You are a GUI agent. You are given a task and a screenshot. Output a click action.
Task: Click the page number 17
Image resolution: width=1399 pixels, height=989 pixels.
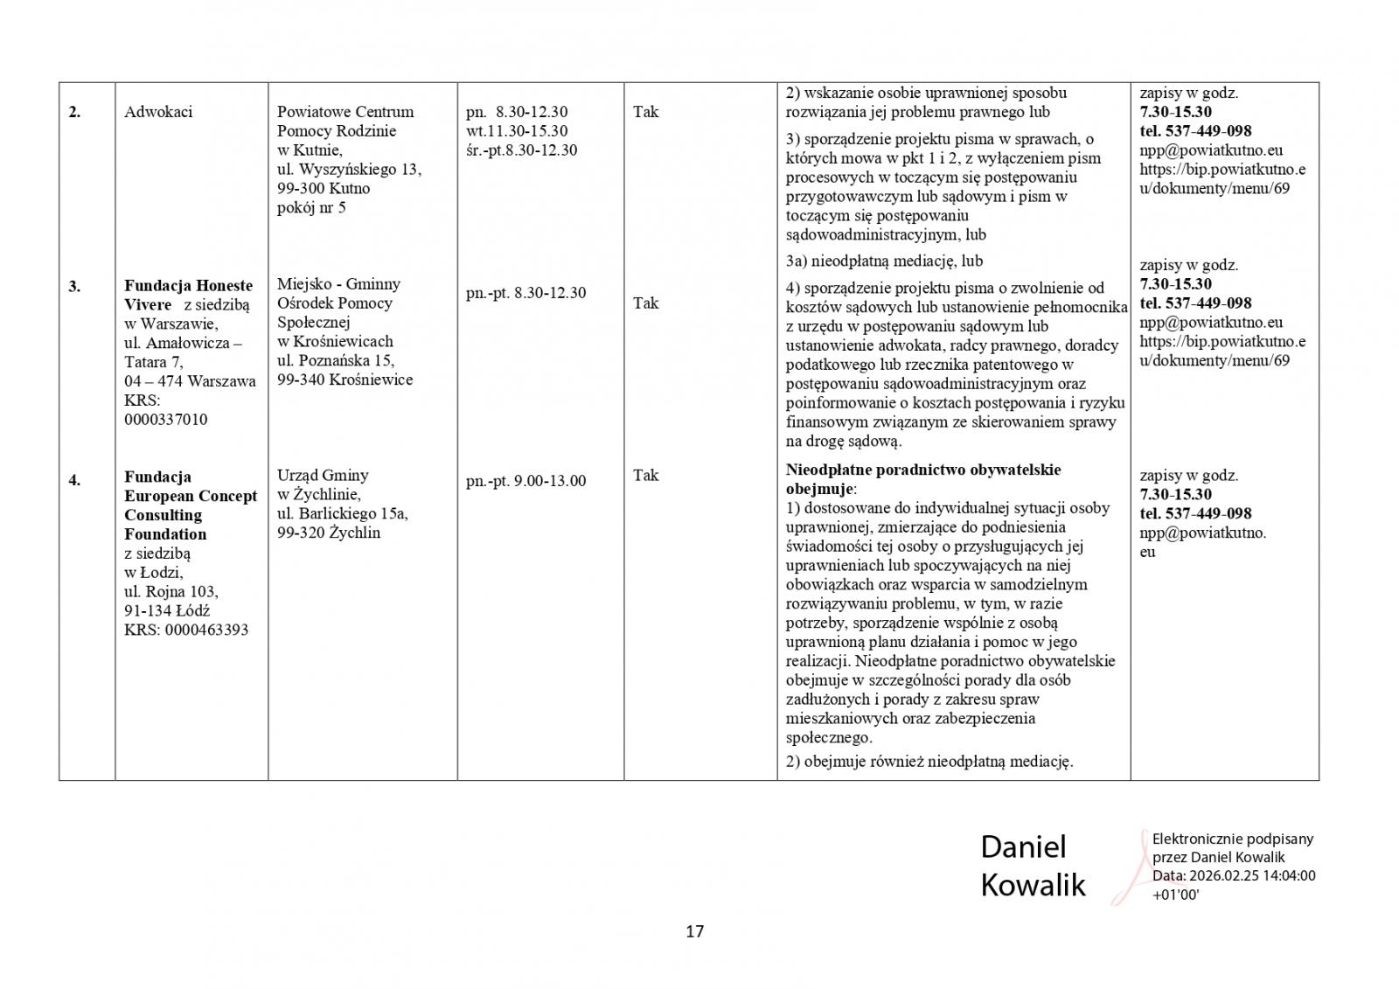694,931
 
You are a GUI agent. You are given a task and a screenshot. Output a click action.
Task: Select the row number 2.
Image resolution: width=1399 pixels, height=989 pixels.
74,112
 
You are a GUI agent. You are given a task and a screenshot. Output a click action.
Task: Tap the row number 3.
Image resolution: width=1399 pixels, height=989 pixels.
74,286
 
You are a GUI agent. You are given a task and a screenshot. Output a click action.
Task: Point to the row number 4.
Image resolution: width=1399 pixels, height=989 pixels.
74,479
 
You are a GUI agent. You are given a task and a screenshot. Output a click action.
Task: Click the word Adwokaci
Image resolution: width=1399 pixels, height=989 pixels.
158,112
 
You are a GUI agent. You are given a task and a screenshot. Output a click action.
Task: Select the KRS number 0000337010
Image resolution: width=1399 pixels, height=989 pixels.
166,420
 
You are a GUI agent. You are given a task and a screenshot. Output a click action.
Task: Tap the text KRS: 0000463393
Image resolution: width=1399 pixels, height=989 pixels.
186,630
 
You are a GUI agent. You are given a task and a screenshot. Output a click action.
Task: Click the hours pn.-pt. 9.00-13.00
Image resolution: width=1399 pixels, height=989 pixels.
525,481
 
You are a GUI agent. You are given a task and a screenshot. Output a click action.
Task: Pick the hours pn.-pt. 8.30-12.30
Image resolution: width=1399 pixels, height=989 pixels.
525,293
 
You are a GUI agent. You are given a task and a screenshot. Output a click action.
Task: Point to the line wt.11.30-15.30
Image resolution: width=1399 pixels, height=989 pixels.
517,131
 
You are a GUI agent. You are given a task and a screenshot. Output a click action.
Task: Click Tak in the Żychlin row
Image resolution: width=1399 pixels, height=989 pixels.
645,476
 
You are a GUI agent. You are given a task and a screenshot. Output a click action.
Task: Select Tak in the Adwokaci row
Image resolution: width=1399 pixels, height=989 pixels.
645,112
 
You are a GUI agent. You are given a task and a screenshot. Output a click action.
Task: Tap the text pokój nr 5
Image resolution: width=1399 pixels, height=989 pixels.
311,208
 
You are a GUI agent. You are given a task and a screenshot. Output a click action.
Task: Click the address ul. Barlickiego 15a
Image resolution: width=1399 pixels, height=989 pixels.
342,514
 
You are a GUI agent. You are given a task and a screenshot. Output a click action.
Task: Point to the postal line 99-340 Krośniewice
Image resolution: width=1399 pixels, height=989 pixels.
345,380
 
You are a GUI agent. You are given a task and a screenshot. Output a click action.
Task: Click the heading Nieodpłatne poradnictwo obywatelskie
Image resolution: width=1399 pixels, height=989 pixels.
922,470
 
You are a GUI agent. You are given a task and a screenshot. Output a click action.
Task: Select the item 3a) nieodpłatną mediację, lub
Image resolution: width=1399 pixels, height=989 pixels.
884,261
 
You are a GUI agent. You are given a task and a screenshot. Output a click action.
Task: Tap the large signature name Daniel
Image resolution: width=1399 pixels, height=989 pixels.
1023,846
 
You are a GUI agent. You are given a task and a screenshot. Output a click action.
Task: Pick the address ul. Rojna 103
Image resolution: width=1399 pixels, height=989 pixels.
171,591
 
